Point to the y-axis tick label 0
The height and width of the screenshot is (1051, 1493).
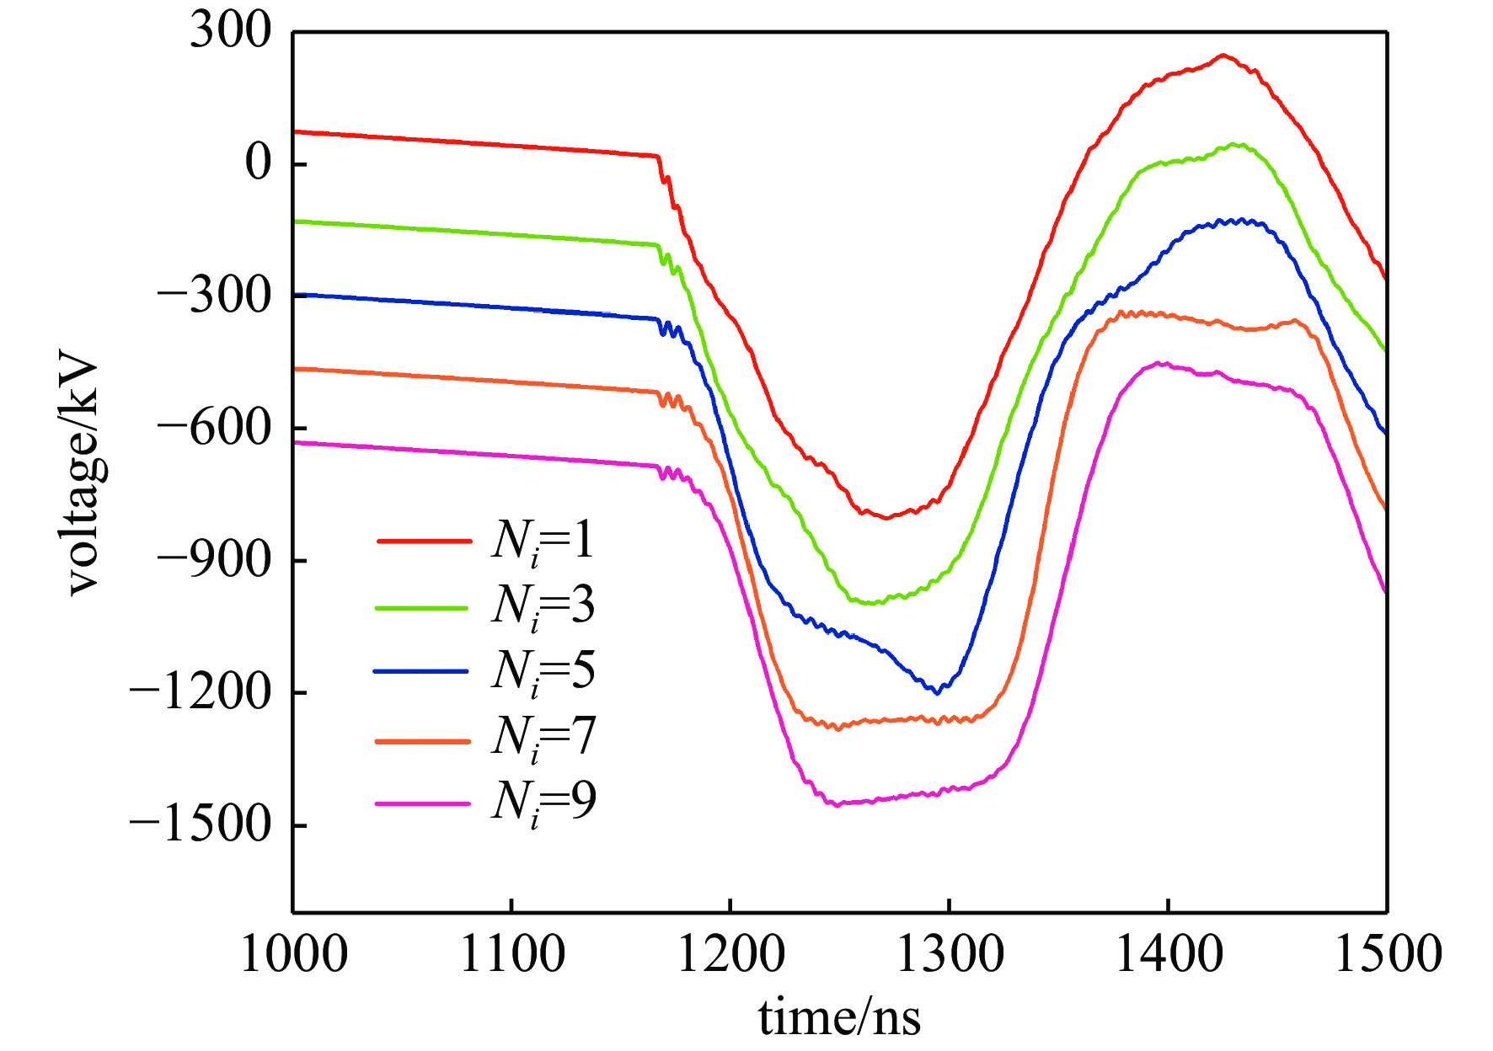pyautogui.click(x=259, y=163)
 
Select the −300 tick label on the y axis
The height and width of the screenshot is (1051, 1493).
pyautogui.click(x=215, y=296)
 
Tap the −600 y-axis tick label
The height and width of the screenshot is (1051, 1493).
pyautogui.click(x=215, y=428)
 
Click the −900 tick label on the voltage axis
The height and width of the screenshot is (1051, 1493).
pyautogui.click(x=215, y=560)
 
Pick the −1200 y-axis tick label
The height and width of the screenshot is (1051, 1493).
pyautogui.click(x=201, y=692)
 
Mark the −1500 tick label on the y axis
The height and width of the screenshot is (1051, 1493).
pyautogui.click(x=201, y=824)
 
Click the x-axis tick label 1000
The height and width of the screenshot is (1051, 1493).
pyautogui.click(x=293, y=954)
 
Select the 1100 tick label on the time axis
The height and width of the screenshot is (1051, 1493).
pyautogui.click(x=511, y=954)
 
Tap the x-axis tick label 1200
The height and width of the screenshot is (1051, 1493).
pyautogui.click(x=730, y=954)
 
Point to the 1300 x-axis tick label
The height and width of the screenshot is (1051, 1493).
pyautogui.click(x=950, y=954)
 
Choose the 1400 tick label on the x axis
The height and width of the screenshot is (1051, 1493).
pyautogui.click(x=1168, y=954)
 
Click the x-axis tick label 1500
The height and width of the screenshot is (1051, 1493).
pyautogui.click(x=1387, y=954)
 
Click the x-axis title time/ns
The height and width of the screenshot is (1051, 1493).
pyautogui.click(x=839, y=1017)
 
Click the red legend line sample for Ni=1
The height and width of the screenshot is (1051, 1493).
pyautogui.click(x=423, y=541)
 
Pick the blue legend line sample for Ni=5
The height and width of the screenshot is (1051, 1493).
pyautogui.click(x=420, y=671)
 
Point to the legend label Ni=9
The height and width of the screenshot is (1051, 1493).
pyautogui.click(x=543, y=802)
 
